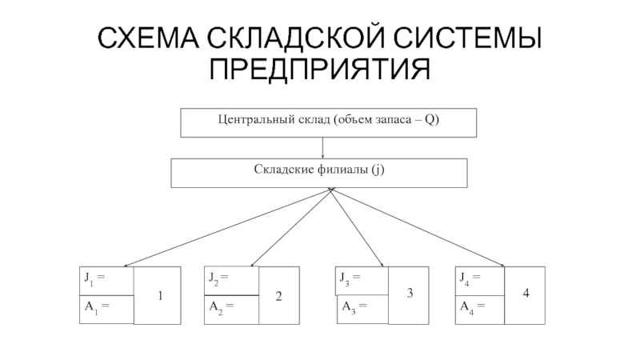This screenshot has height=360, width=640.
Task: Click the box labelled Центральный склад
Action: [x=329, y=122]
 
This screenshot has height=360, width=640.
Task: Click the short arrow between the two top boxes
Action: [x=322, y=147]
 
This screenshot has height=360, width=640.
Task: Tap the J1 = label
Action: [x=95, y=279]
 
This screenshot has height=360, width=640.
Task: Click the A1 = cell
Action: [x=95, y=306]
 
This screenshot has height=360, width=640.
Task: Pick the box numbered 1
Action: [x=158, y=296]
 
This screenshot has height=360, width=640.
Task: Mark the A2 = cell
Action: [x=221, y=306]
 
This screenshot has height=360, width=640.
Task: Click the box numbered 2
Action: [x=279, y=296]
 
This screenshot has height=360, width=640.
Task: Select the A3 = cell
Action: [x=353, y=306]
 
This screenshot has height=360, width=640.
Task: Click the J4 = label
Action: [x=470, y=279]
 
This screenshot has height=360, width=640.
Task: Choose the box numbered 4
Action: [x=526, y=294]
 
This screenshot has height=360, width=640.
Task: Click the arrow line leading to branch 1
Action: [x=224, y=228]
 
